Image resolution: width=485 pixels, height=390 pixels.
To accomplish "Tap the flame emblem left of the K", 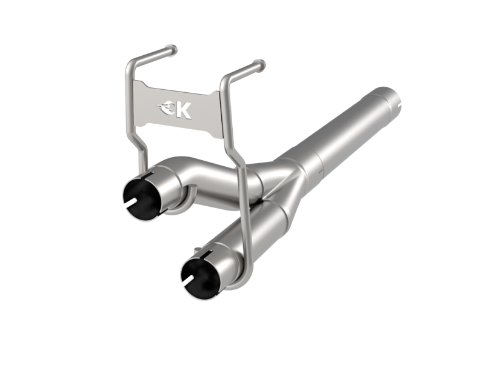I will pyautogui.click(x=166, y=109).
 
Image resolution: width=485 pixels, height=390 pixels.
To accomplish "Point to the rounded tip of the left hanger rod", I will pyautogui.click(x=174, y=48).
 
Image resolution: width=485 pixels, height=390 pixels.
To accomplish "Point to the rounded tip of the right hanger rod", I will pyautogui.click(x=260, y=63).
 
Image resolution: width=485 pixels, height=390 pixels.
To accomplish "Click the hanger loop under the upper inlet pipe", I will pyautogui.click(x=182, y=206).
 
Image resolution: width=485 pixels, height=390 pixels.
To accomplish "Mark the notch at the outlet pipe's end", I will pyautogui.click(x=401, y=104).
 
